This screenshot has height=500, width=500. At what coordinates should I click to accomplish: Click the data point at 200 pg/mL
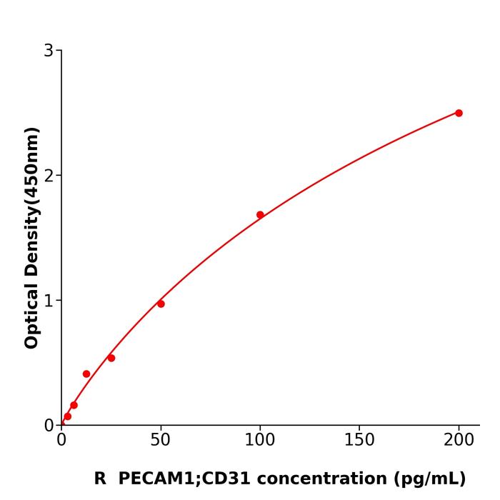pos(459,113)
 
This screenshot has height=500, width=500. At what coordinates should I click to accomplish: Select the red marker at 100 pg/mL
pos(260,215)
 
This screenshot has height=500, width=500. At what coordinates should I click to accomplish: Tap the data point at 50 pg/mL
pos(161,304)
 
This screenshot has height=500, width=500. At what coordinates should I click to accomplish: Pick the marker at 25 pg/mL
pos(111,358)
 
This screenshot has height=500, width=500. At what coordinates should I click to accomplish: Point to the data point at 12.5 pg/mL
pos(86,374)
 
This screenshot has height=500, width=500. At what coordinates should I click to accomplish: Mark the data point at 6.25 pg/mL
pos(74,405)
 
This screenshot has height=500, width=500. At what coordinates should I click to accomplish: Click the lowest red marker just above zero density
pos(68,416)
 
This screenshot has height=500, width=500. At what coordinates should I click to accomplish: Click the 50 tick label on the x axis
pos(161,441)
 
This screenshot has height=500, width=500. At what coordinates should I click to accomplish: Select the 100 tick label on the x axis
pos(260,441)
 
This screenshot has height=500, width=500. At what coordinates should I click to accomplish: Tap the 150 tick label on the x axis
pos(359,441)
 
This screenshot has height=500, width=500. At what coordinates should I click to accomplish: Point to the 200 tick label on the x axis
pos(459,441)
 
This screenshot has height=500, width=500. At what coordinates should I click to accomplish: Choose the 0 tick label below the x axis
pos(61,441)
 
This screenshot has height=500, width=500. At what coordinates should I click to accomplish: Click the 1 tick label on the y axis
pos(49,301)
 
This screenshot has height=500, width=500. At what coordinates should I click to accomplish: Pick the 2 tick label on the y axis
pos(49,176)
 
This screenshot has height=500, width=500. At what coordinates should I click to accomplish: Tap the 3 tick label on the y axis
pos(49,51)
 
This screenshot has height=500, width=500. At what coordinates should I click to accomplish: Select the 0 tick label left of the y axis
pos(49,426)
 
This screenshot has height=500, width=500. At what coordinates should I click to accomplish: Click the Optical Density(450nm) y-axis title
pos(31,237)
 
